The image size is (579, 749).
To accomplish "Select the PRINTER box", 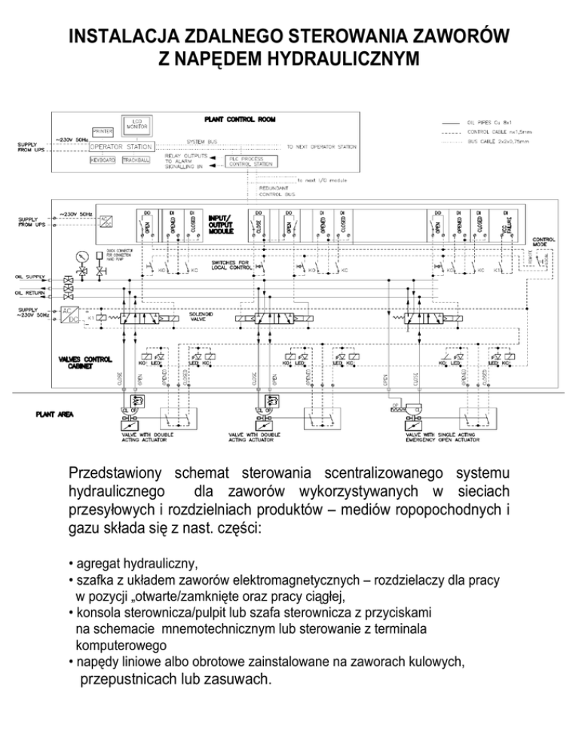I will [x=103, y=132].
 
